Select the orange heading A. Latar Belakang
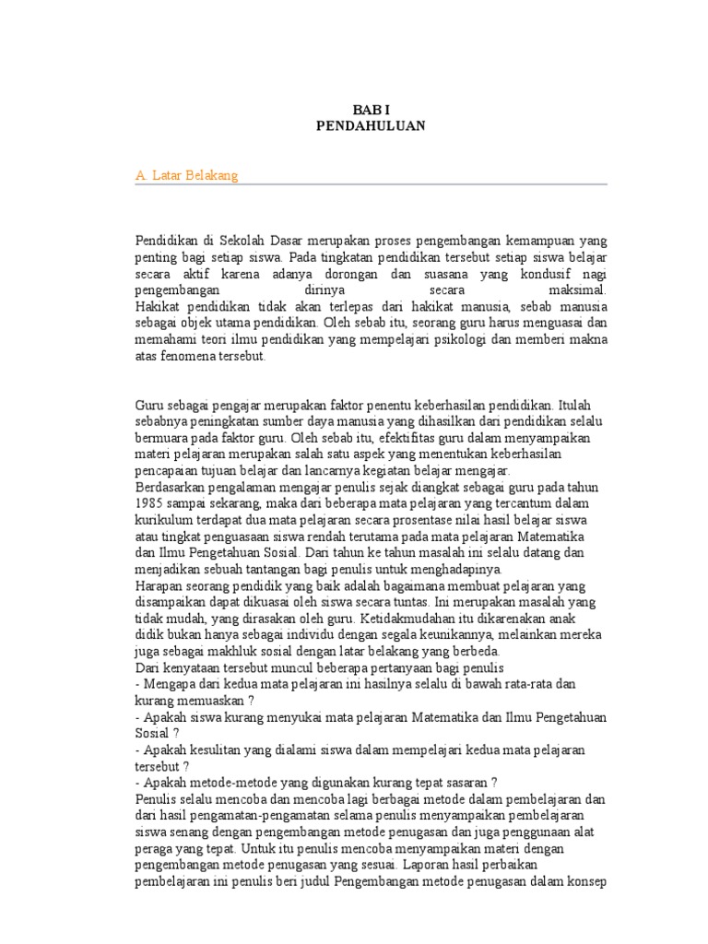[x=186, y=175]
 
